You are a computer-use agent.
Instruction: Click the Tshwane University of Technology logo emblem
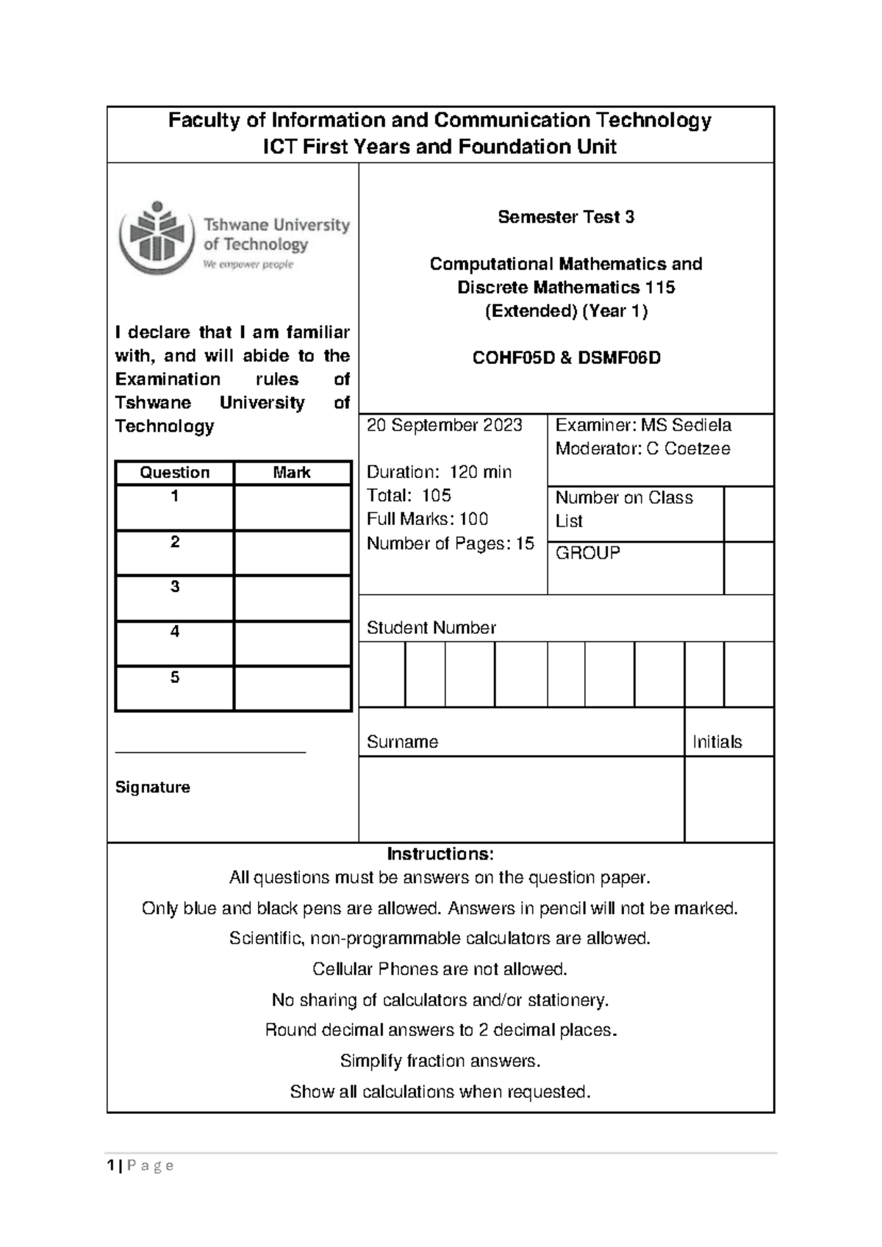156,235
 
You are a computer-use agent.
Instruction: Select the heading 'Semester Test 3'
566,217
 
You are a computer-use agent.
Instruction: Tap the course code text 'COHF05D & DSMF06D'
566,358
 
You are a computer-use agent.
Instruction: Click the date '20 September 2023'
445,425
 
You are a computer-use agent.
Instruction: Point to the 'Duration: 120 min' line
439,472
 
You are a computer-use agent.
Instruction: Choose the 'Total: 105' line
409,496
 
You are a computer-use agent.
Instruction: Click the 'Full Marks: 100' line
427,519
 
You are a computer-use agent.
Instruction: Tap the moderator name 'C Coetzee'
688,449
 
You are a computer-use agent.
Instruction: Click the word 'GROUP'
588,552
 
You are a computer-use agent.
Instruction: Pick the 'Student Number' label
431,628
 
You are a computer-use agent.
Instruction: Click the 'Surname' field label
402,742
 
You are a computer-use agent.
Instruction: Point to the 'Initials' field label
717,742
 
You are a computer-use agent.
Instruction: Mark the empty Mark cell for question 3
292,599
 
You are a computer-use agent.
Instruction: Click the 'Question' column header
175,473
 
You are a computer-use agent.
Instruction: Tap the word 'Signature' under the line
153,787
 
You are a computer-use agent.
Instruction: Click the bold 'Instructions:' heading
440,854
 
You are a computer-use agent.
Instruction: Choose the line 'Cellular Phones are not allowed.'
440,969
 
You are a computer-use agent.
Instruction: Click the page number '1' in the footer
110,1165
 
